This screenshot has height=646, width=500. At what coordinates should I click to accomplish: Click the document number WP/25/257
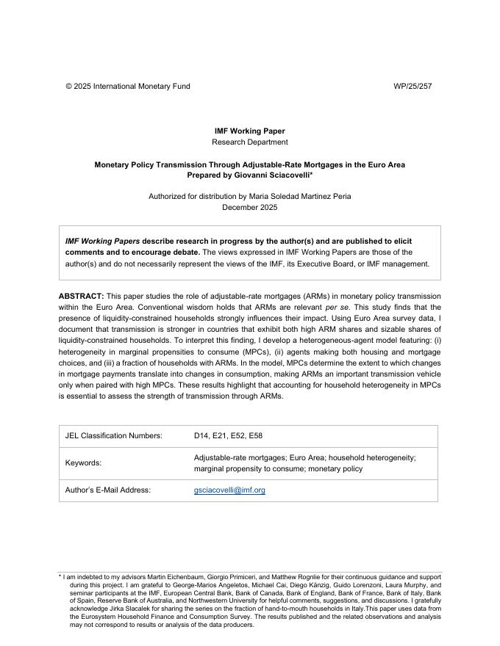(413, 87)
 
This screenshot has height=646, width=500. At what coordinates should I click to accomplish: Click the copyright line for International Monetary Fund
(128, 87)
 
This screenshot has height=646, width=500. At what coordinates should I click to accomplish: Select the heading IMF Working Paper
(250, 131)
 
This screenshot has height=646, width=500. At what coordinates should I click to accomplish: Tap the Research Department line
(250, 142)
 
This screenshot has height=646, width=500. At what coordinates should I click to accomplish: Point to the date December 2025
(250, 208)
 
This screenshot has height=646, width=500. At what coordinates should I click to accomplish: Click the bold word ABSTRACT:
(82, 296)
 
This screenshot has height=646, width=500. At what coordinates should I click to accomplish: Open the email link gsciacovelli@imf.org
(229, 490)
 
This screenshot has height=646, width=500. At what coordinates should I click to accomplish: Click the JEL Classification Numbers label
(114, 436)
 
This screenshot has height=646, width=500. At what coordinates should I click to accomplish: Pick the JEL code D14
(201, 436)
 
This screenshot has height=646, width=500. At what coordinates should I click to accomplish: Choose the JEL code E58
(255, 436)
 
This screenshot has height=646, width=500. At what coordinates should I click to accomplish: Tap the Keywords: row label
(84, 463)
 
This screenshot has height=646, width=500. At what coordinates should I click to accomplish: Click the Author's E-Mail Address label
(108, 490)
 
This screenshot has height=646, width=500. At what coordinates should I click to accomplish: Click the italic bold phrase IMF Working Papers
(101, 242)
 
